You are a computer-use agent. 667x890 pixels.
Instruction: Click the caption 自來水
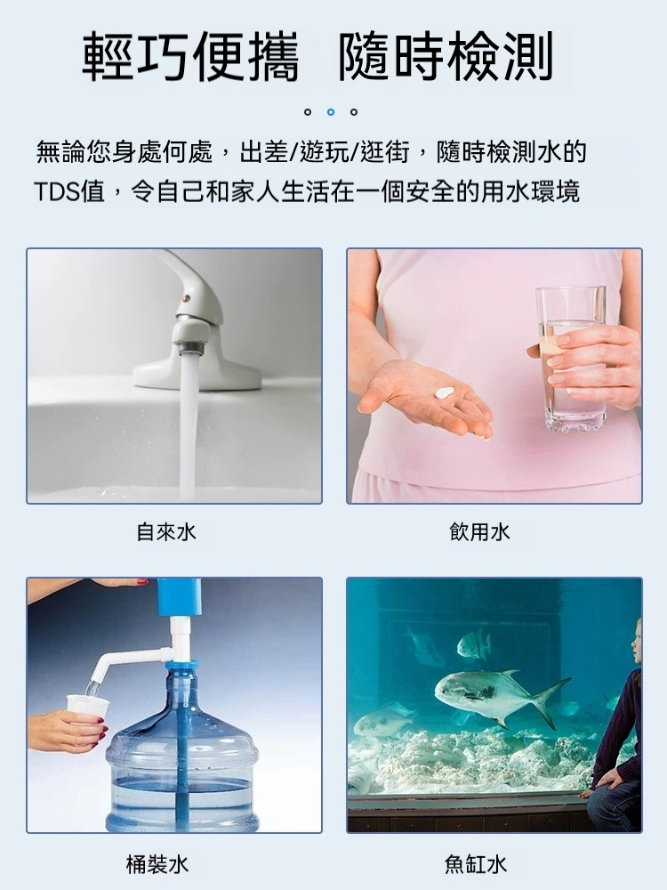coord(166,532)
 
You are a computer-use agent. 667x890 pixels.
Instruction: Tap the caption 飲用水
coord(480,532)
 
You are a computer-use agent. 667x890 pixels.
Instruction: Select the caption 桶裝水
coord(157,865)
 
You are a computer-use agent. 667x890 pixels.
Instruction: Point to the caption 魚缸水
coord(476,865)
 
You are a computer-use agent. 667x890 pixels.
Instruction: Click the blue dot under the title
coord(331,112)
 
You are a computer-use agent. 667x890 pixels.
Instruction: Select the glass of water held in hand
coord(571,360)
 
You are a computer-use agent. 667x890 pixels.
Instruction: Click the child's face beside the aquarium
coord(638,642)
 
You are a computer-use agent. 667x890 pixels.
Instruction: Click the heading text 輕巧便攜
coord(191,57)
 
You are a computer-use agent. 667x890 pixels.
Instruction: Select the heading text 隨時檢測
coord(446,57)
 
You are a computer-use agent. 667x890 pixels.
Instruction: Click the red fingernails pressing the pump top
coord(141,582)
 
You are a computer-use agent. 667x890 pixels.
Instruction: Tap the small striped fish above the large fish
coord(474,644)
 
